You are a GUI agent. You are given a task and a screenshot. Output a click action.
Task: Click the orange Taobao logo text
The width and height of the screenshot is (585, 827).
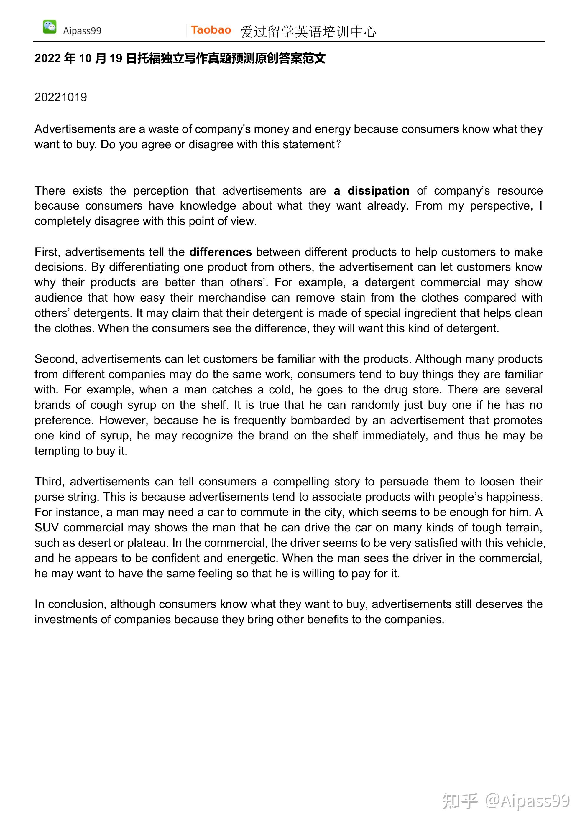coord(211,30)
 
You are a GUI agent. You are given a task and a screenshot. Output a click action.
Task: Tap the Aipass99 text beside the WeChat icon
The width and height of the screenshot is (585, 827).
coord(82,31)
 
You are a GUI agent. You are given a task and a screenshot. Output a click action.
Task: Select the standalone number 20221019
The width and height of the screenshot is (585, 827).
coord(60,97)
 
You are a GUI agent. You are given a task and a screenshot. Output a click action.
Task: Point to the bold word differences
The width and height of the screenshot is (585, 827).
coord(220,252)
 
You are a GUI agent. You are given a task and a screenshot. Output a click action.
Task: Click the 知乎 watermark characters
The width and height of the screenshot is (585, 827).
coord(460,800)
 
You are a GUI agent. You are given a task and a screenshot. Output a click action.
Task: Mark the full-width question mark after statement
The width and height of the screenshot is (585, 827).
coord(338,144)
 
